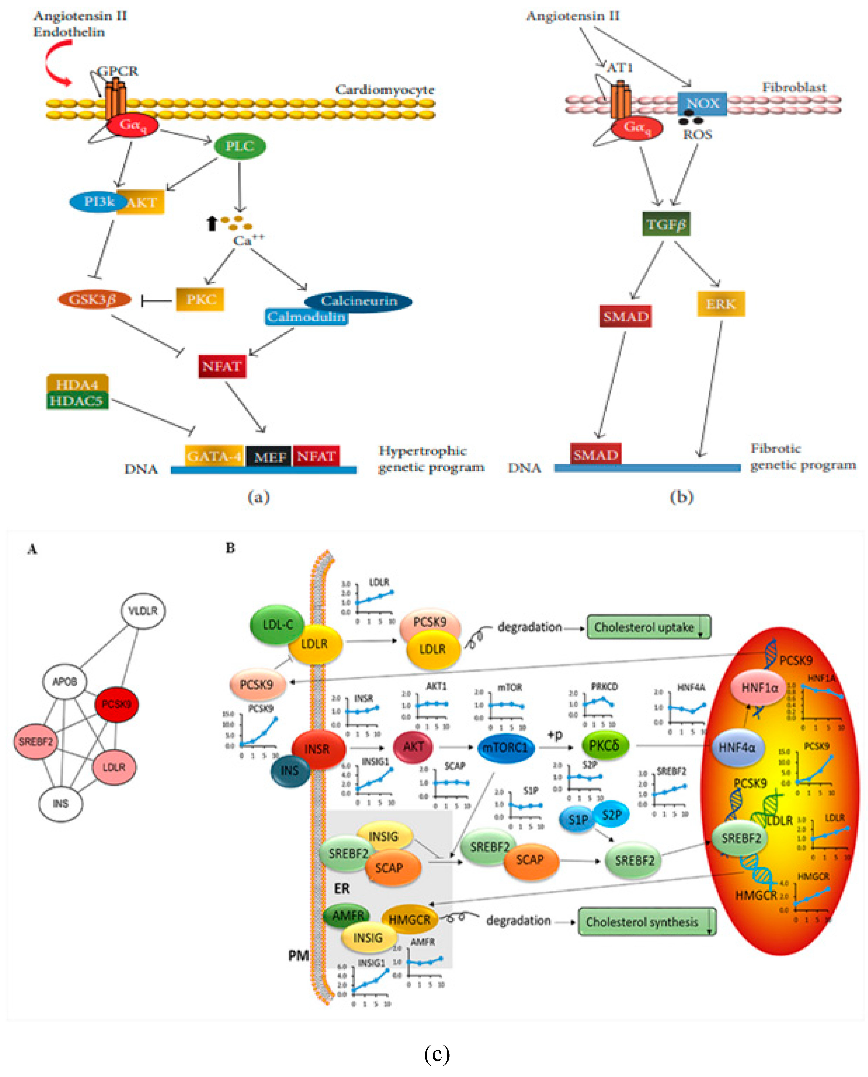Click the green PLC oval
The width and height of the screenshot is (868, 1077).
239,146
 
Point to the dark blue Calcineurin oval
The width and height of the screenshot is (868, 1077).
358,301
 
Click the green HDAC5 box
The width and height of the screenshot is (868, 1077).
77,401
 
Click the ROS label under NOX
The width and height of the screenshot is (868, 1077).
698,134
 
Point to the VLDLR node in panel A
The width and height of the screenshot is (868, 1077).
143,610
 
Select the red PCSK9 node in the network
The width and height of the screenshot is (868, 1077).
116,704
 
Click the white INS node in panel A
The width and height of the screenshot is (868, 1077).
61,803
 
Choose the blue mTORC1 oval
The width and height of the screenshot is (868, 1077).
505,748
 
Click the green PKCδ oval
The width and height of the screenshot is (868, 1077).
604,746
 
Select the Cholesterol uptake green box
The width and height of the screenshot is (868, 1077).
648,627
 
